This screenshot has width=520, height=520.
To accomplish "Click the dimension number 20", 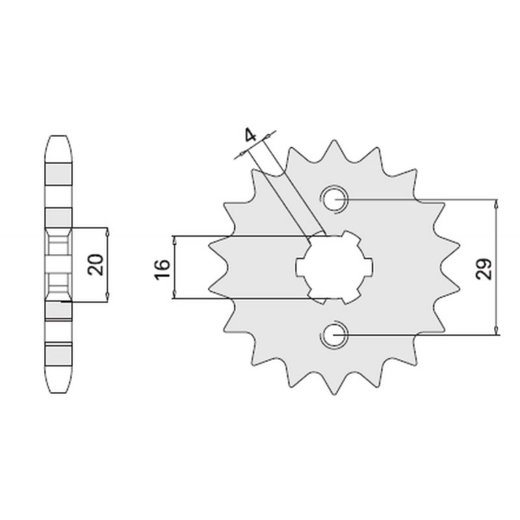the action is coord(96,265).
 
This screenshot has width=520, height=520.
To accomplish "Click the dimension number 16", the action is coord(162,269).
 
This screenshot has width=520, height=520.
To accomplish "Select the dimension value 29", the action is coord(484,268).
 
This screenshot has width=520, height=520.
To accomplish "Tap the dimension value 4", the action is coord(251,135).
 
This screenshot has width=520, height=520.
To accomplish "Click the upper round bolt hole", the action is coord(334,200).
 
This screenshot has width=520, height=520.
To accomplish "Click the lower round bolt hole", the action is coord(333,335).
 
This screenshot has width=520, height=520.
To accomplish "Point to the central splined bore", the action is coord(334,267).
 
